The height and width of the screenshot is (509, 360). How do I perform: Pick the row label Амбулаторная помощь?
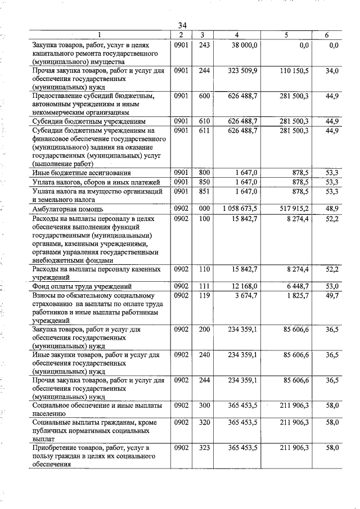pos(70,209)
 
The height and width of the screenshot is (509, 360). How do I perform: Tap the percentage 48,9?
pos(332,209)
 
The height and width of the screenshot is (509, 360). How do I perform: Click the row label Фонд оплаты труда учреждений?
pos(82,286)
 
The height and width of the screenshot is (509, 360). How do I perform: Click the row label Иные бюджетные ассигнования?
pos(82,173)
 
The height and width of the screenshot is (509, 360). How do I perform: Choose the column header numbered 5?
pos(286,35)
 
